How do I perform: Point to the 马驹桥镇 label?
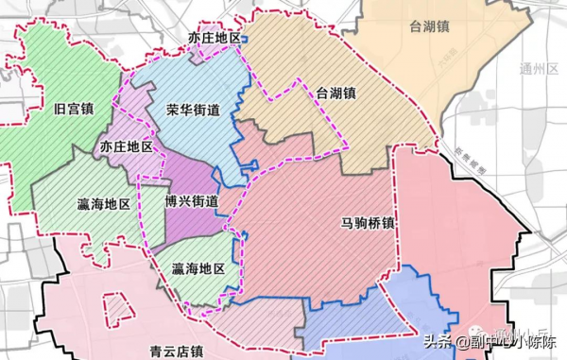(369, 224)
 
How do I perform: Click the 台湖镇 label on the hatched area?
(335, 94)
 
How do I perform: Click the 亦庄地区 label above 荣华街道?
(215, 39)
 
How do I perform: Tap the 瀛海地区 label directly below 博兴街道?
(198, 269)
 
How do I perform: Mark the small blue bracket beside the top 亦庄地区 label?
(244, 40)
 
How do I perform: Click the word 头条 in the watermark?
(433, 342)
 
